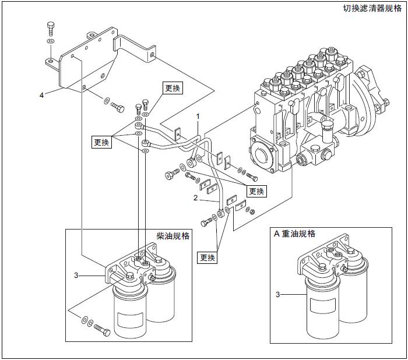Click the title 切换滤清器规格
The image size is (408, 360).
pyautogui.click(x=372, y=9)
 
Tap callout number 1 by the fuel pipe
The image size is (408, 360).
pyautogui.click(x=198, y=117)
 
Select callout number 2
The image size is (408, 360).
pyautogui.click(x=196, y=198)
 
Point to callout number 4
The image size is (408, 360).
pyautogui.click(x=41, y=94)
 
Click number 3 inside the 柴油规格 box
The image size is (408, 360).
pyautogui.click(x=76, y=274)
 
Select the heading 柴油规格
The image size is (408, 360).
pyautogui.click(x=173, y=236)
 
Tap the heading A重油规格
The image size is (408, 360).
pyautogui.click(x=295, y=234)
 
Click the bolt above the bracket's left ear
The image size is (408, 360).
pyautogui.click(x=51, y=29)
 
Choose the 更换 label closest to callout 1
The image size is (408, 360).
pyautogui.click(x=173, y=89)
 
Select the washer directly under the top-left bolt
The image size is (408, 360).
pyautogui.click(x=51, y=43)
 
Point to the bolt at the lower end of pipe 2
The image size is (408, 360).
pyautogui.click(x=207, y=222)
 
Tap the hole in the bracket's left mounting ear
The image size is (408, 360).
pyautogui.click(x=51, y=60)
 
